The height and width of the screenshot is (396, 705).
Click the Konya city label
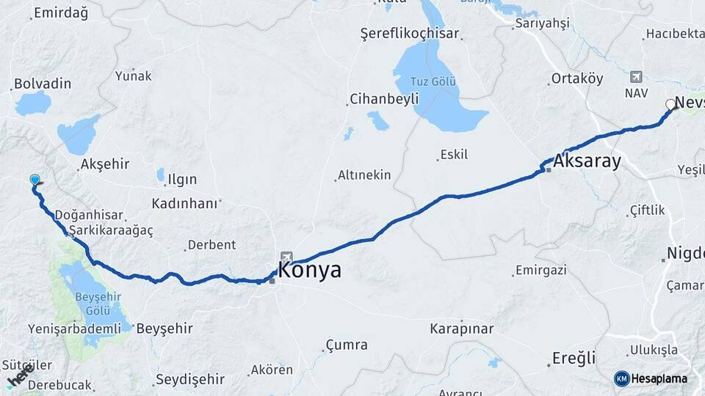click(310, 270)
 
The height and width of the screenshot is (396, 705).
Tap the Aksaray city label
click(588, 161)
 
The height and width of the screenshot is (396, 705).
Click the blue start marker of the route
click(35, 180)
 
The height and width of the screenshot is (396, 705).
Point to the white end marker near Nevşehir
click(670, 104)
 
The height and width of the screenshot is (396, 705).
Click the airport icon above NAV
click(636, 76)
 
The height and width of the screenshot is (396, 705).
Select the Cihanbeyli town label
click(384, 98)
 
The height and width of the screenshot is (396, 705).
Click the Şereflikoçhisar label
click(410, 33)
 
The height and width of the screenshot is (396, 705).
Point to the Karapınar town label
click(462, 329)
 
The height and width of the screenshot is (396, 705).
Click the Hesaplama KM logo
click(651, 378)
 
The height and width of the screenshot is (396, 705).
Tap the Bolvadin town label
click(43, 84)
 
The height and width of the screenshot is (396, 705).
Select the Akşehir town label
click(106, 164)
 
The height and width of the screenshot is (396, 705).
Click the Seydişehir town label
click(189, 380)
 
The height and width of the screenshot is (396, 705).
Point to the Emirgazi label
click(540, 270)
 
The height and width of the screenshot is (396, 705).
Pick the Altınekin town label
click(364, 175)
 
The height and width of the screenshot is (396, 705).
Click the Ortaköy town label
click(577, 78)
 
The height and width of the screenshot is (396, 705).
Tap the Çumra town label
click(347, 345)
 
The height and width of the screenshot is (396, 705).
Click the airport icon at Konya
click(286, 257)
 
